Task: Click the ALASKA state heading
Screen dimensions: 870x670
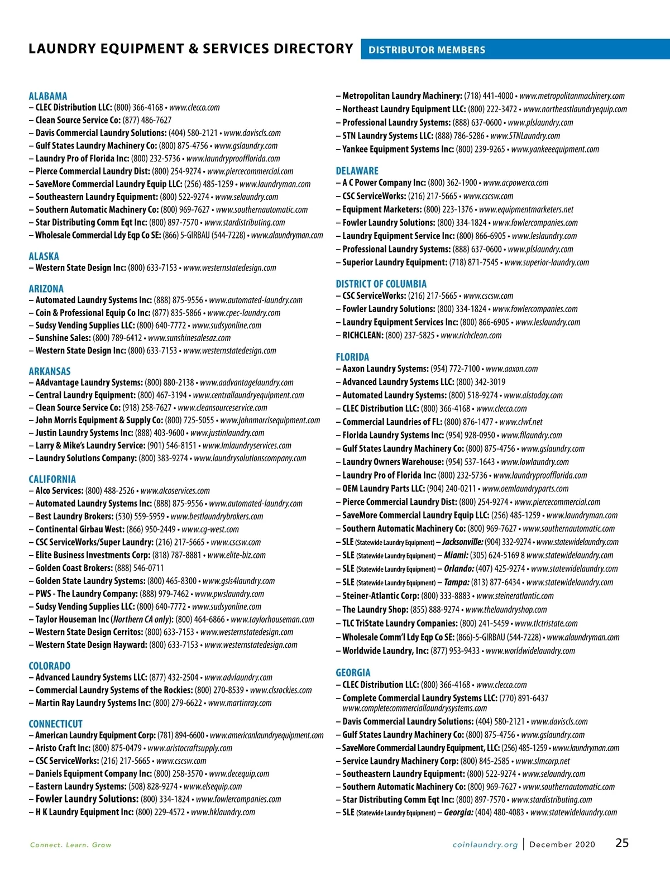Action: (44, 256)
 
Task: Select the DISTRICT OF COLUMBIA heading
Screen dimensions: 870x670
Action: (381, 284)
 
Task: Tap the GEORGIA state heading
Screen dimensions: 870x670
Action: (353, 673)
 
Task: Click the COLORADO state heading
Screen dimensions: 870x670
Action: (49, 666)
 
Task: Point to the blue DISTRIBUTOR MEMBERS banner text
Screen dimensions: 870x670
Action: (427, 50)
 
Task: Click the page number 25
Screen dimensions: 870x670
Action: (622, 843)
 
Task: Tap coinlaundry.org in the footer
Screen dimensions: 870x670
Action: (485, 845)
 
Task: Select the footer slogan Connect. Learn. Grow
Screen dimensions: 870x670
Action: (71, 845)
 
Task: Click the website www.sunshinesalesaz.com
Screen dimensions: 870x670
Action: (189, 338)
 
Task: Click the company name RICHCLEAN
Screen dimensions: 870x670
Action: (363, 336)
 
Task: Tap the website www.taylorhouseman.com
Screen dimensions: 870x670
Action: (272, 619)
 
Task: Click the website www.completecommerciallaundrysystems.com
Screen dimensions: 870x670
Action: (414, 708)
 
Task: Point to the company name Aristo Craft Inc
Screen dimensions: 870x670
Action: (63, 748)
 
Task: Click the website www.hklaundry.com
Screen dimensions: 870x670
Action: (223, 812)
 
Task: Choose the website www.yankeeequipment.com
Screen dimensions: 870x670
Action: (555, 149)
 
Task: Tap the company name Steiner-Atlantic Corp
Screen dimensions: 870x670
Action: (381, 596)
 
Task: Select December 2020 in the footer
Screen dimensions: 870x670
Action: (562, 845)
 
